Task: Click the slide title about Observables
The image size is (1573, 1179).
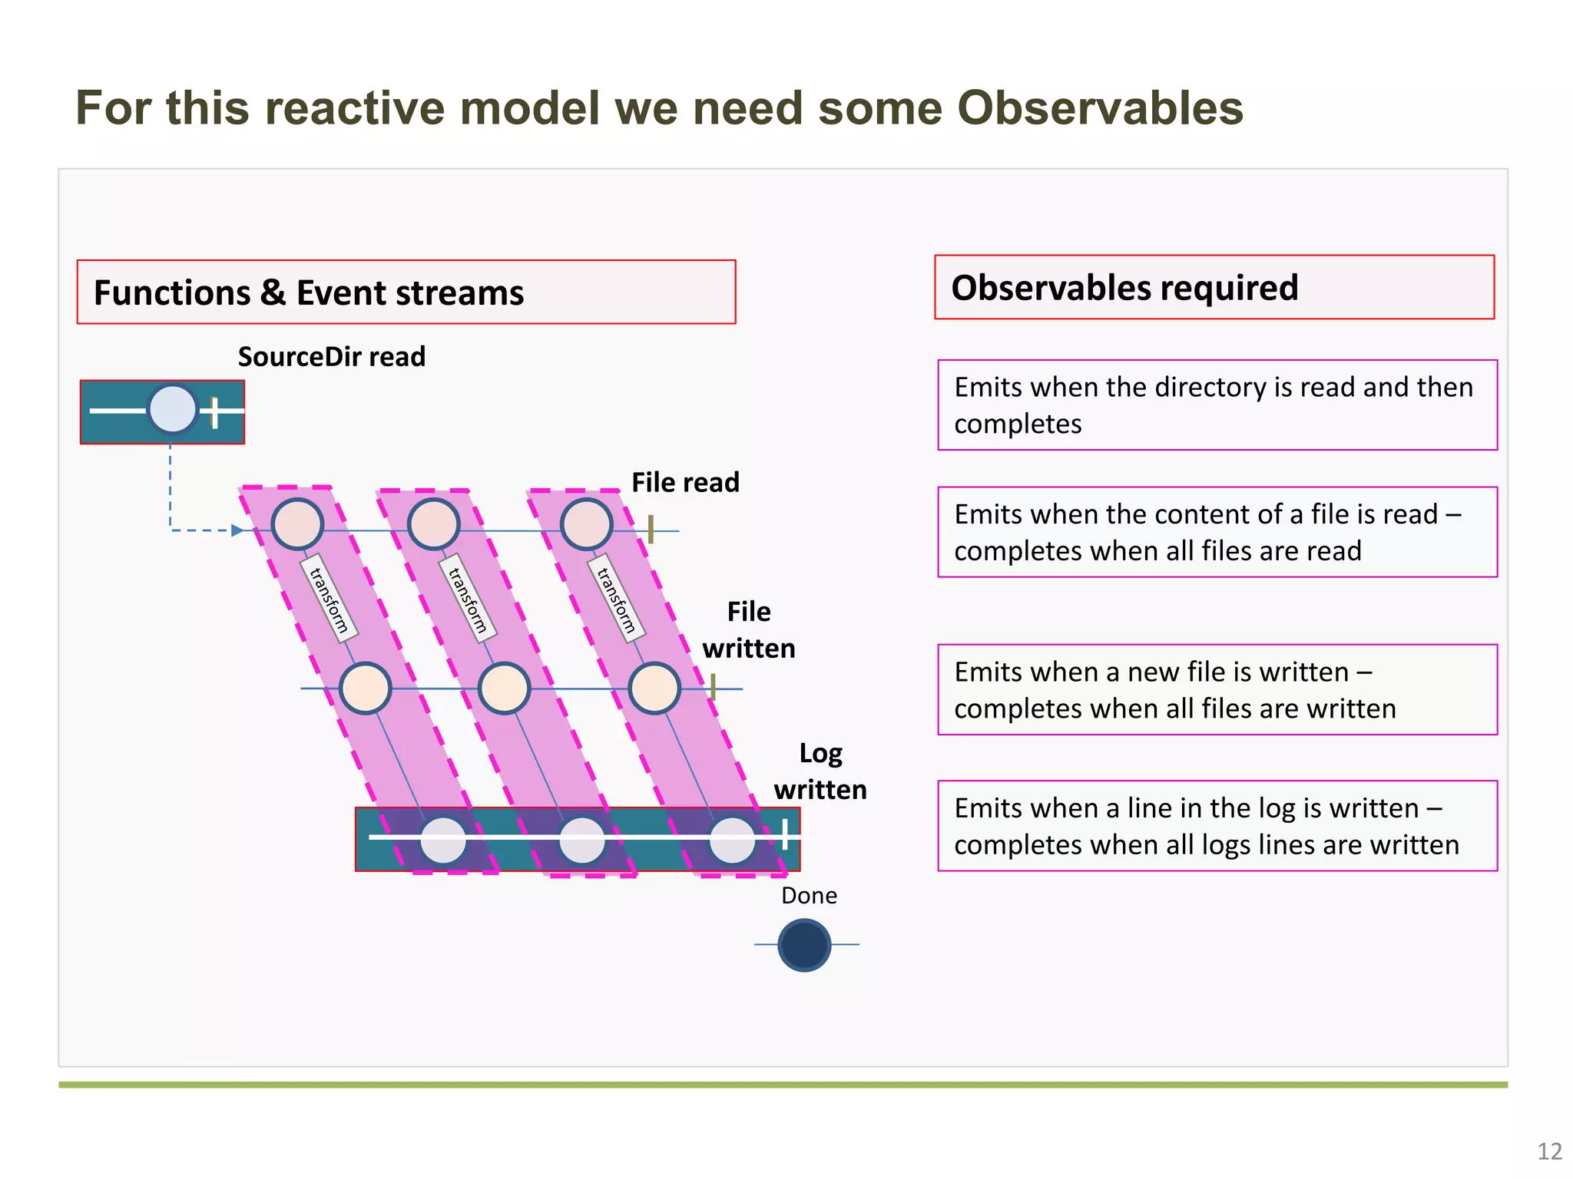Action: [x=659, y=107]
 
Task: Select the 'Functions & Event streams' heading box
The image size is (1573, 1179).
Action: [x=406, y=292]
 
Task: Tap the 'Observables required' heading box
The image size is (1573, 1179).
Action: [x=1214, y=288]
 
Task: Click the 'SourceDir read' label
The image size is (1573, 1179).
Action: [x=331, y=357]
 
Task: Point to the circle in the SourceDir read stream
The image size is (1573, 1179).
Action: [x=173, y=410]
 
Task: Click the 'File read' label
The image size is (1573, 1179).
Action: [x=685, y=483]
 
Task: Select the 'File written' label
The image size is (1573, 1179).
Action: [x=749, y=630]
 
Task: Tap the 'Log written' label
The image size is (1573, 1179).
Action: [x=820, y=771]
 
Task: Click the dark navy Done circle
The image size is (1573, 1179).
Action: [x=804, y=945]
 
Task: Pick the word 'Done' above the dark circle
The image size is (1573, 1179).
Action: [x=809, y=896]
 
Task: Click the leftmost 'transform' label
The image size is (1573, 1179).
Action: [x=329, y=599]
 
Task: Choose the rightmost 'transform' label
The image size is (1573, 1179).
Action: [x=616, y=599]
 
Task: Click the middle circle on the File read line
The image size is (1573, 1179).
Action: [x=434, y=524]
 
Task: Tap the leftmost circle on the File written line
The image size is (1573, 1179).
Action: [x=366, y=689]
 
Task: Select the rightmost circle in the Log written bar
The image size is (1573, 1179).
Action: [x=732, y=840]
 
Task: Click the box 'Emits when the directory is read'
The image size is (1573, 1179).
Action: [x=1217, y=405]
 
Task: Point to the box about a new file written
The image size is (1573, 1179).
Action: [x=1217, y=690]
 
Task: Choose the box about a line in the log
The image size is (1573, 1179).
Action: [x=1217, y=826]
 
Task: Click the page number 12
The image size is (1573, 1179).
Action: [x=1549, y=1151]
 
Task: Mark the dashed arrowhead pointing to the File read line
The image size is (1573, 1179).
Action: [x=237, y=530]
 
